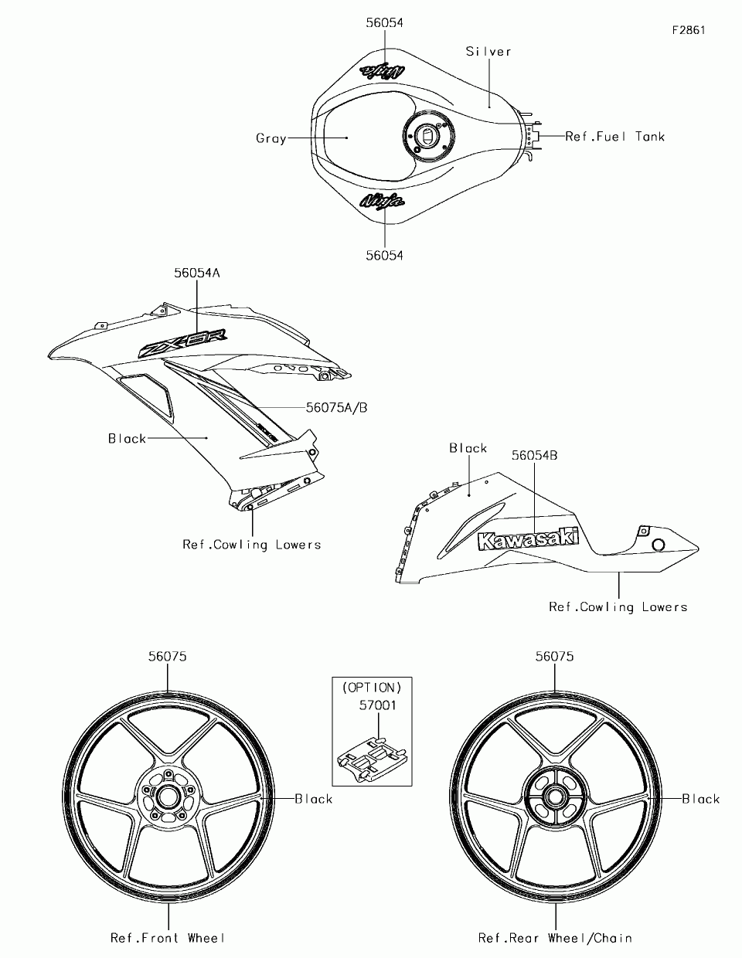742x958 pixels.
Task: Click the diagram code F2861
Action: click(688, 30)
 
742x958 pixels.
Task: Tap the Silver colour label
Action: click(488, 52)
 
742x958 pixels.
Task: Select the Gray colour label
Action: click(271, 138)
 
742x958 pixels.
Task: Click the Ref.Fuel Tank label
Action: click(615, 137)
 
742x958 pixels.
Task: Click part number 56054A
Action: click(196, 273)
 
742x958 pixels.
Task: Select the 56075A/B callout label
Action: click(336, 407)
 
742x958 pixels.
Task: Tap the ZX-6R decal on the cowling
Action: click(183, 342)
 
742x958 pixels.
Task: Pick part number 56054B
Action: click(534, 455)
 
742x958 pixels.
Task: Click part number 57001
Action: click(377, 705)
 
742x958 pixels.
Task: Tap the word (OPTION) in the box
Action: click(372, 688)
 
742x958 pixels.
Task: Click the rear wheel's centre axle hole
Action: click(555, 797)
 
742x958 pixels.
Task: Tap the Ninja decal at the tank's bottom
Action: click(382, 201)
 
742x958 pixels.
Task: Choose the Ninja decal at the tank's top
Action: click(382, 71)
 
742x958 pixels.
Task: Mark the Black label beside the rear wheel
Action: click(700, 798)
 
